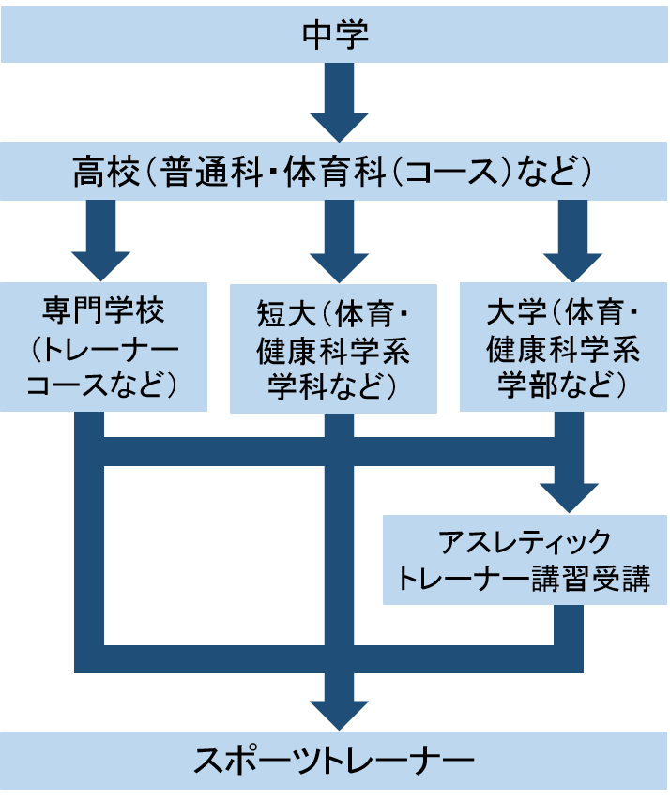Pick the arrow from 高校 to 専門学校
pyautogui.click(x=101, y=240)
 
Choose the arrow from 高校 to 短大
pyautogui.click(x=338, y=240)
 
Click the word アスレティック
pyautogui.click(x=526, y=543)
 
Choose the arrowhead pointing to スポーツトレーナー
pyautogui.click(x=338, y=713)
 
